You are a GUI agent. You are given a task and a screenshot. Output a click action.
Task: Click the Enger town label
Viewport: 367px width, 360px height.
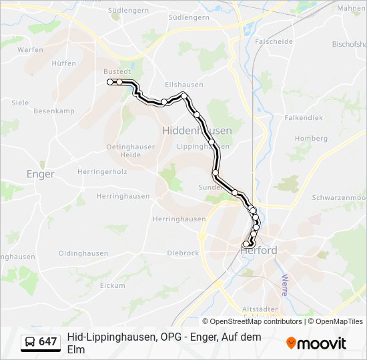click(40, 174)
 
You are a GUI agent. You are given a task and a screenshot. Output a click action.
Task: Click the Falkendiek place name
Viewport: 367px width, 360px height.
click(303, 117)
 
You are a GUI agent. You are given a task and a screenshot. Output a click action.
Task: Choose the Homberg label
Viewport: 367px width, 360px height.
click(311, 138)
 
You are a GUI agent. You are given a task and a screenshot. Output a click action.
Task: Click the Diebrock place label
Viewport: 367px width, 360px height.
click(183, 253)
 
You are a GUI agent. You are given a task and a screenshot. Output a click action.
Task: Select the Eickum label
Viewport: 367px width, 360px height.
click(112, 285)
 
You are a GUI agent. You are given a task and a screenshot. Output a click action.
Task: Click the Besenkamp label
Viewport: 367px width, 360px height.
click(53, 111)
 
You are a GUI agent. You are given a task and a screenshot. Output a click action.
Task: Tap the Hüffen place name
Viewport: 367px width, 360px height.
click(63, 63)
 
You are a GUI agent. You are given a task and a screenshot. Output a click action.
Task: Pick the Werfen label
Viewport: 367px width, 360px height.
click(30, 49)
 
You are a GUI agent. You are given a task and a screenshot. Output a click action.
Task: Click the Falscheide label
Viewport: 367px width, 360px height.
click(274, 41)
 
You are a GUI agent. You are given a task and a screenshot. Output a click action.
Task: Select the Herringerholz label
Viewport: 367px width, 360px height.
click(102, 171)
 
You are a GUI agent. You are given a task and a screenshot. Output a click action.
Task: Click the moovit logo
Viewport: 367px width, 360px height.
click(316, 343)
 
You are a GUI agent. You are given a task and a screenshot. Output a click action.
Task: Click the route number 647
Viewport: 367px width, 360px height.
click(48, 342)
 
